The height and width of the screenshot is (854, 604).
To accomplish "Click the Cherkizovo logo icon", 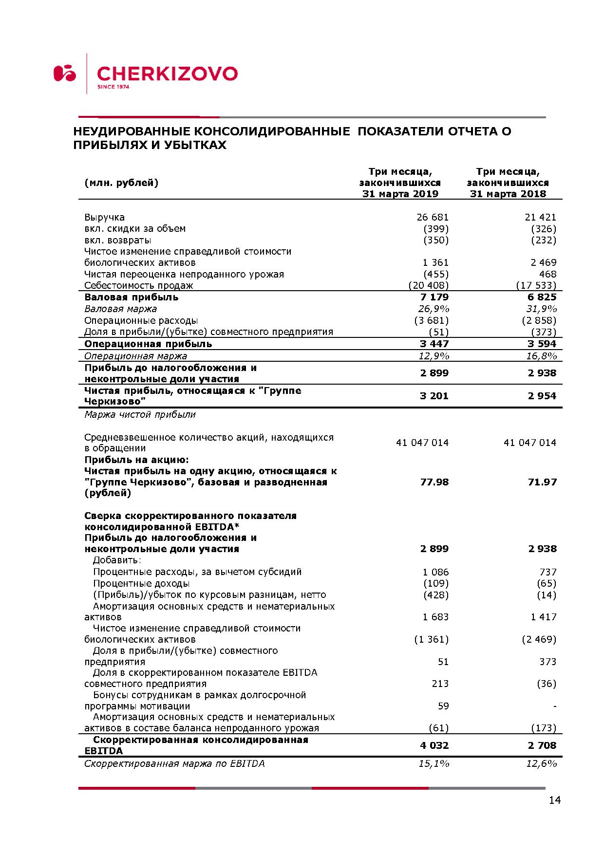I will (65, 74).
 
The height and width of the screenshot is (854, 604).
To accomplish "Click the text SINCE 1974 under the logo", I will (113, 87).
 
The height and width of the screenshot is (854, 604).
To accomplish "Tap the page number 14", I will (554, 800).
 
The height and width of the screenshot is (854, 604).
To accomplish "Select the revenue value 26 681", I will (433, 217).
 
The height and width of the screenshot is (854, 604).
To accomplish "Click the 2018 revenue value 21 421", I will (540, 217).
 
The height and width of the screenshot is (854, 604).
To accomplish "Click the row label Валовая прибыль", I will (132, 297).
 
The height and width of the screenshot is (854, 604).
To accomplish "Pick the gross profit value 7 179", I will (434, 297).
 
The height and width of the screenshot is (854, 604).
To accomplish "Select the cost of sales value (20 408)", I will (429, 285).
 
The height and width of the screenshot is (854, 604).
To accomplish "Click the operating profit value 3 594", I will (542, 344).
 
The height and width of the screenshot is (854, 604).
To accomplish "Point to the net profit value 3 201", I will (434, 396).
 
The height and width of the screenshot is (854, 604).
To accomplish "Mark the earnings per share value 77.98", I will (434, 482).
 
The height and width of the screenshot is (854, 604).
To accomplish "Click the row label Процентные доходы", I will (141, 583).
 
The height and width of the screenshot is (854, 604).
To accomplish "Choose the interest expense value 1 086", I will (436, 572).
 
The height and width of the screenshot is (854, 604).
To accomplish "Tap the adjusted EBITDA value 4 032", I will (434, 745).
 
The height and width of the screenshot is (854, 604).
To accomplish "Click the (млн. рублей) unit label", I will (121, 183).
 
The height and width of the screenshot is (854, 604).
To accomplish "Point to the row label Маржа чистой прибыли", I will (140, 414).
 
